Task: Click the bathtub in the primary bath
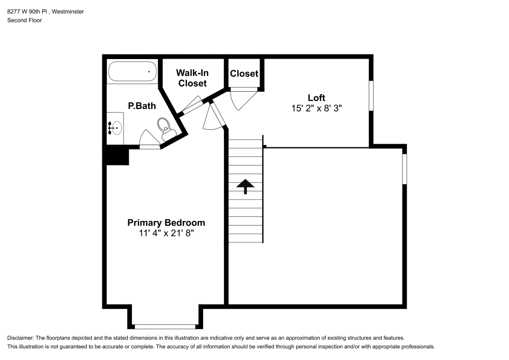pos(132,71)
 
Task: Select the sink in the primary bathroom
pos(116,128)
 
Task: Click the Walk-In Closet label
pos(192,78)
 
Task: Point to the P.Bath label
pos(142,106)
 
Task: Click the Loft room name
pos(317,98)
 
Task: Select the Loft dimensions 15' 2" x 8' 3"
pos(317,108)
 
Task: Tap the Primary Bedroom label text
pos(166,223)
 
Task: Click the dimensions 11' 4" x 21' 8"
pos(166,233)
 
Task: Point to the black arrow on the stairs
pos(245,186)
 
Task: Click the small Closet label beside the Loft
pos(244,74)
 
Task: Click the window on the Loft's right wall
pos(371,96)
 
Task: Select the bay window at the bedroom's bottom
pos(165,326)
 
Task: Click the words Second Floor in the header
pos(24,20)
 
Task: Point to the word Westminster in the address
pos(68,11)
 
